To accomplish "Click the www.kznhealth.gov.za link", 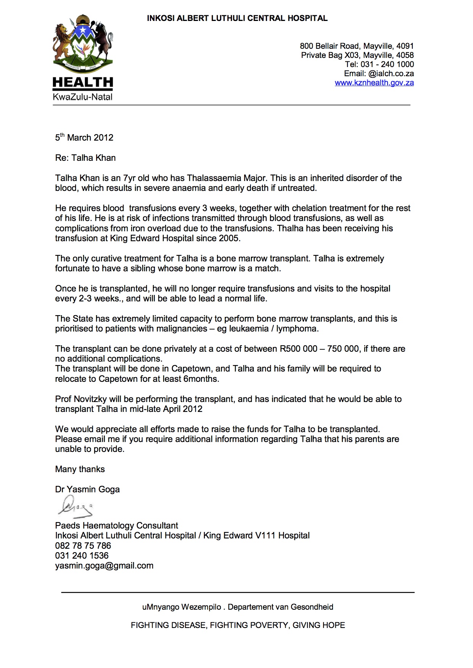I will click(x=374, y=83).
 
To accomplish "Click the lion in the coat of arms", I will click(x=62, y=40).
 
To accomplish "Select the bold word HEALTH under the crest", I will click(x=83, y=82).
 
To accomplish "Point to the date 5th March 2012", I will click(x=84, y=138).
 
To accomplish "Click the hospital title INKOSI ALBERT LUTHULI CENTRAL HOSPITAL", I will click(x=237, y=18).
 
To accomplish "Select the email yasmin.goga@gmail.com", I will click(x=104, y=565).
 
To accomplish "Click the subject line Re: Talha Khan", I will click(x=85, y=158).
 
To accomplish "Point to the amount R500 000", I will click(x=299, y=349).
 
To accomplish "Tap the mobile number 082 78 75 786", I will click(x=83, y=546).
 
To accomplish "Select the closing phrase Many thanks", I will click(x=80, y=469).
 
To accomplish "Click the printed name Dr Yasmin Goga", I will click(x=87, y=489).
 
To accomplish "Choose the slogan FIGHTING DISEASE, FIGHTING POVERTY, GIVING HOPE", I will click(x=238, y=625).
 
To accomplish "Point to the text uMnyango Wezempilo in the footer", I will click(x=182, y=607).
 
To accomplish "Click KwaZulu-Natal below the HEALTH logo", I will click(x=82, y=97).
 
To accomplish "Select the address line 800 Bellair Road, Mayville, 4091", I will click(x=357, y=46).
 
